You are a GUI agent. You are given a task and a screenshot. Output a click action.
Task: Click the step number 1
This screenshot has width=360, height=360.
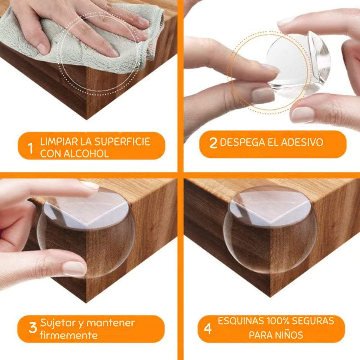[30, 148]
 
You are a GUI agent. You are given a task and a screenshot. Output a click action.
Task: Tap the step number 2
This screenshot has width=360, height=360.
[213, 143]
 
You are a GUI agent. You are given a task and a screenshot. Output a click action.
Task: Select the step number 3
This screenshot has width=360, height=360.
[32, 328]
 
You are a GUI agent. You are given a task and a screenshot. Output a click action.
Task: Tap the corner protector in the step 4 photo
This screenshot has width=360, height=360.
[270, 230]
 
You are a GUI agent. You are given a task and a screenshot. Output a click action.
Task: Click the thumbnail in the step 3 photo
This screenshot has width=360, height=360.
[74, 269]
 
